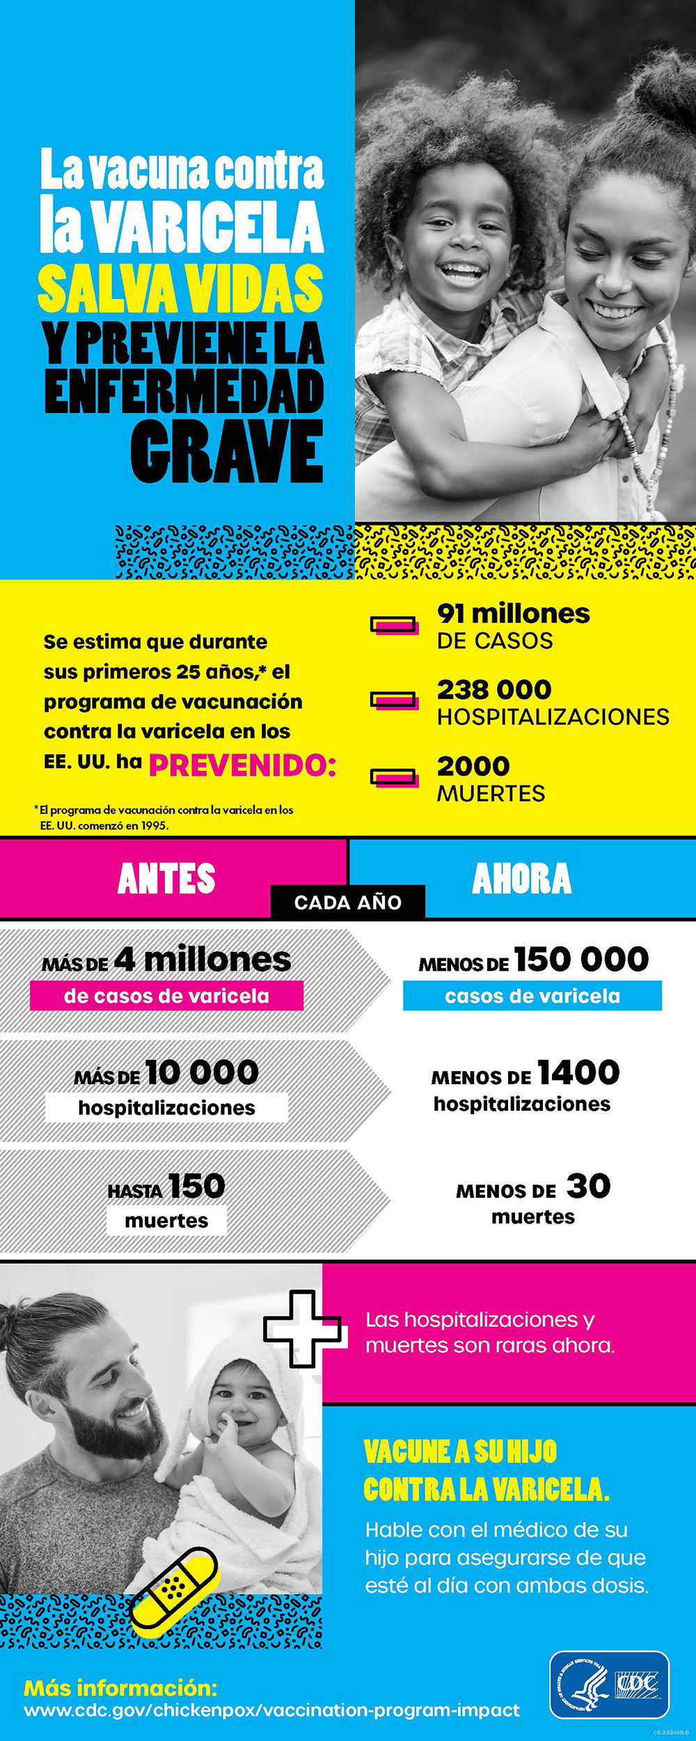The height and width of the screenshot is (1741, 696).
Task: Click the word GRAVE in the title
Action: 227,451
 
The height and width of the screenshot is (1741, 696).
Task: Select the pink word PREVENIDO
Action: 242,765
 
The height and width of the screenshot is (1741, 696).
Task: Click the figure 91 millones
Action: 513,614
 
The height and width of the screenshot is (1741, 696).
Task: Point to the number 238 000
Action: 494,689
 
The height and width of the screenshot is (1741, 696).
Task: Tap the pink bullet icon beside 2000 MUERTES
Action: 394,777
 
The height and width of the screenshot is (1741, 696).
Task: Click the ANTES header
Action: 166,878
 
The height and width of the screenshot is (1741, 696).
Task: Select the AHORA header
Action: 521,878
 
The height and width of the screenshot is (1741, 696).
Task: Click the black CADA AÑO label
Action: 347,903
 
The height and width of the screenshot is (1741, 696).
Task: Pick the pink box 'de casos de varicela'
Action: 166,996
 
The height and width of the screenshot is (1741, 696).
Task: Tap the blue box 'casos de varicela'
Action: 532,996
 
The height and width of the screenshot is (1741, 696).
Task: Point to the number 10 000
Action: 202,1072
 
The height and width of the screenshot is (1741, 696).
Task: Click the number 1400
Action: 578,1072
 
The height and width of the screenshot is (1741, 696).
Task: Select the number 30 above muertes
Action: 588,1186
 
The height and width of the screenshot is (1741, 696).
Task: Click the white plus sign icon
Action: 302,1329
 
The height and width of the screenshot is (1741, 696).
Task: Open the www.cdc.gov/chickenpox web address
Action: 271,1710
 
